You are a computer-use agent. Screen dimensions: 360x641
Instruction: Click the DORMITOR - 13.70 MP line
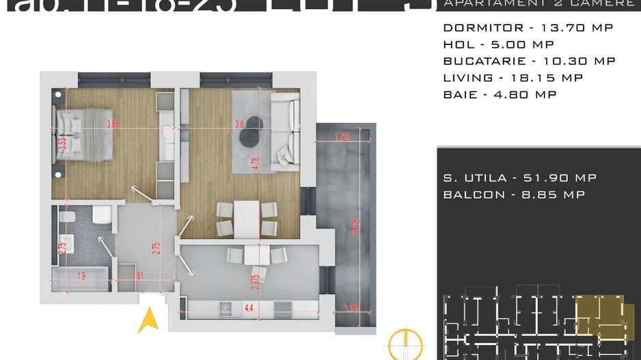[x=528, y=28]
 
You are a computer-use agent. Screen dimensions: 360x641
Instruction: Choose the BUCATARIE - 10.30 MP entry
[x=529, y=61]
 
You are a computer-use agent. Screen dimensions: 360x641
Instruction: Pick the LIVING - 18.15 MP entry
[x=513, y=78]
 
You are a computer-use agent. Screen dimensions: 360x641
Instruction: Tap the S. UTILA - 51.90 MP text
[x=519, y=178]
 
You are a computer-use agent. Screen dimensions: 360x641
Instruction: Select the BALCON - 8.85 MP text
[x=513, y=195]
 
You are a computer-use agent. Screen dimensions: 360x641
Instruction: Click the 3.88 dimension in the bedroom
[x=113, y=124]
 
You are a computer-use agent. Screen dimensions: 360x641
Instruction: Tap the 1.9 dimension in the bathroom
[x=81, y=277]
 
